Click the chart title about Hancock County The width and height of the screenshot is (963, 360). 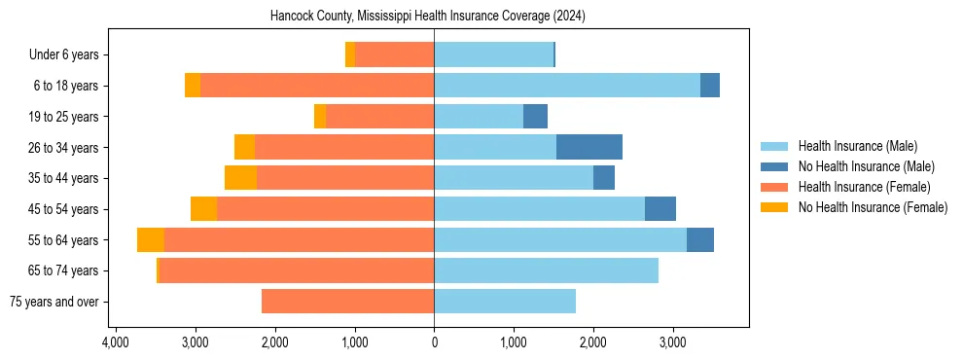point(433,16)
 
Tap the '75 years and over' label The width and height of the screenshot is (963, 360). point(54,302)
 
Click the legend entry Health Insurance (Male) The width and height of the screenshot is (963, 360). point(857,146)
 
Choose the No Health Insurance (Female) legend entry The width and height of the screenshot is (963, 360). point(873,207)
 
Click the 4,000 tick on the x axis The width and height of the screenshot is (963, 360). point(116,342)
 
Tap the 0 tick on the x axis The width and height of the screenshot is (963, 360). point(434,342)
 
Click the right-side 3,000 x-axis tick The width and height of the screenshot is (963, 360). point(672,342)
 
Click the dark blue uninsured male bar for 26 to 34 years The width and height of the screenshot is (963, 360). point(589,148)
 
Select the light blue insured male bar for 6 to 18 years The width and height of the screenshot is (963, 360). point(567,86)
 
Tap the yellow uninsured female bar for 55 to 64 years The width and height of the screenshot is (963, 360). point(151,240)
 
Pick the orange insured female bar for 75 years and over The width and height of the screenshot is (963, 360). point(347,302)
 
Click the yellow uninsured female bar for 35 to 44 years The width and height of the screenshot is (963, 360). point(240,178)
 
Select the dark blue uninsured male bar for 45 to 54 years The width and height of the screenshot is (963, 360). point(660,209)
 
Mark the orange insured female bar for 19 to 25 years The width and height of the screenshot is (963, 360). point(379,117)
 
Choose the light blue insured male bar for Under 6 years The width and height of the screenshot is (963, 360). point(493,55)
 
